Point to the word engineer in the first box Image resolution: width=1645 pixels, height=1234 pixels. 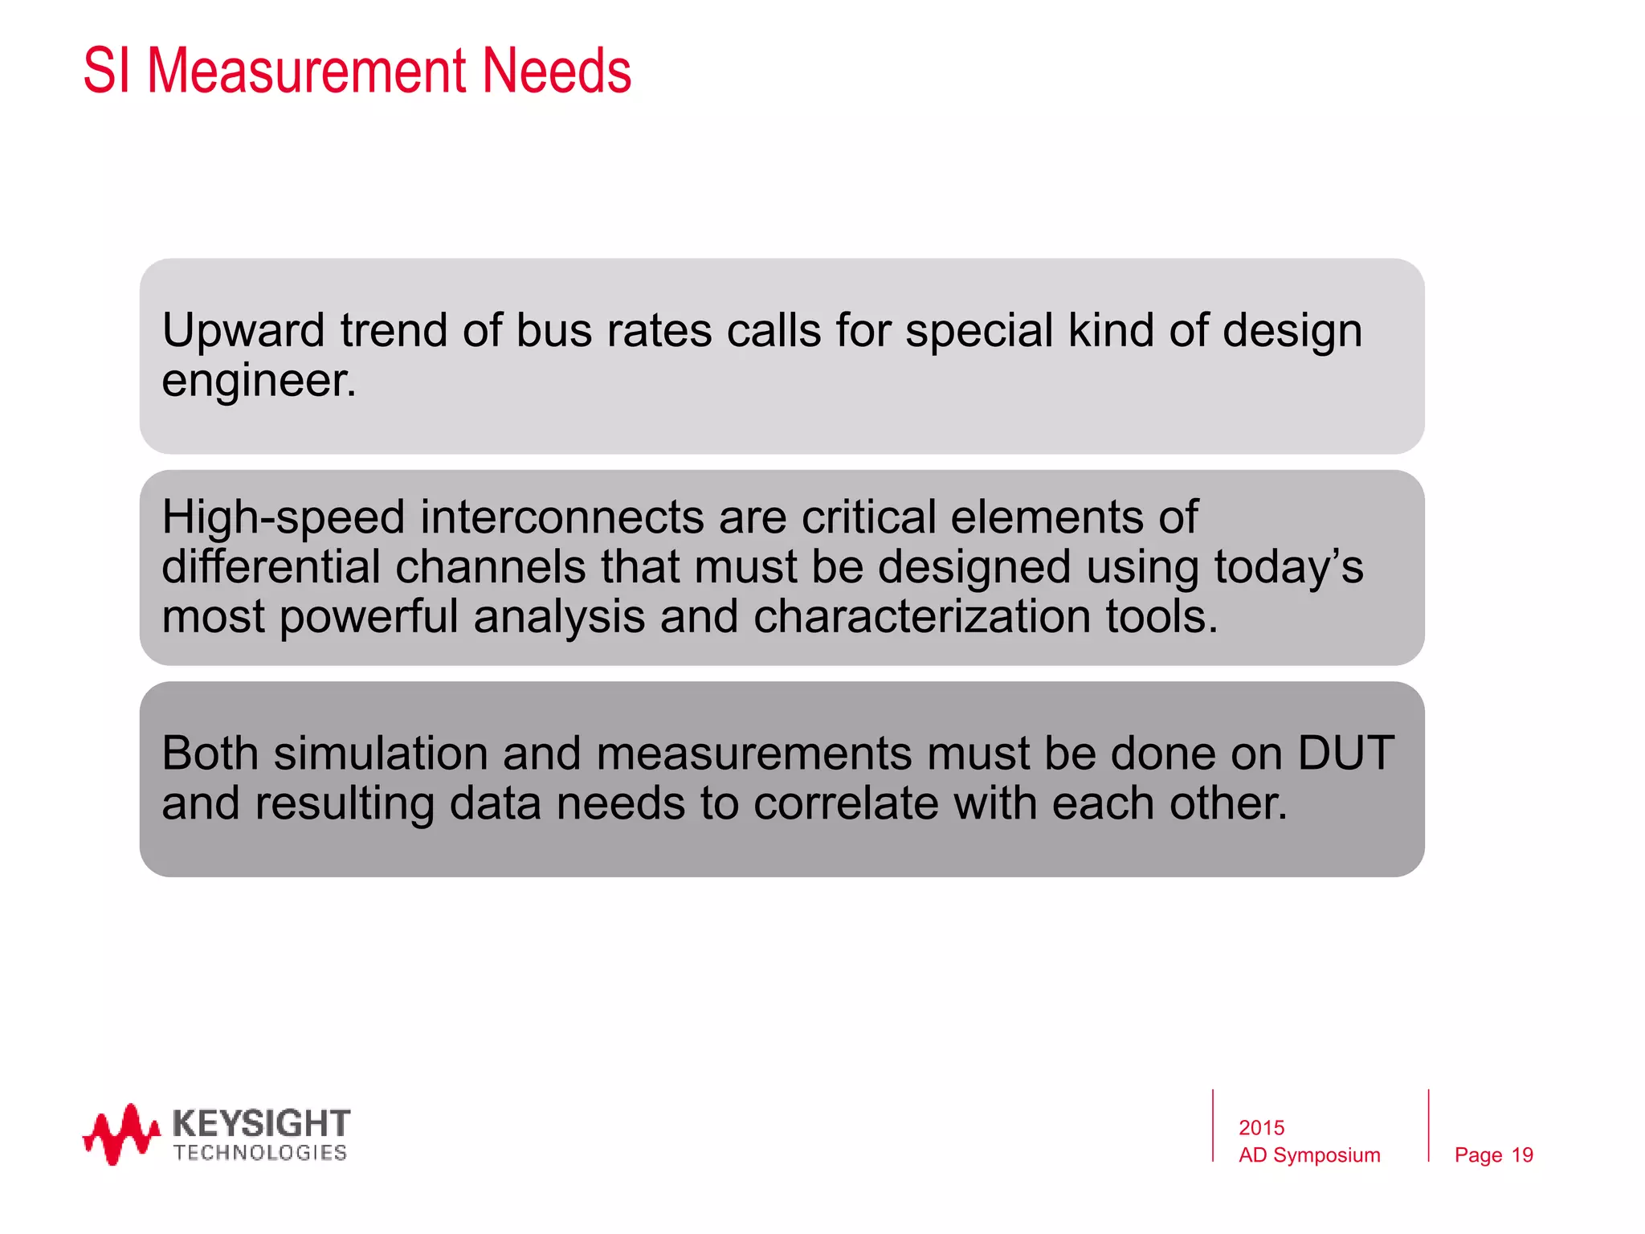click(x=257, y=381)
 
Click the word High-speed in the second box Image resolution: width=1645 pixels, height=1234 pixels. click(x=283, y=517)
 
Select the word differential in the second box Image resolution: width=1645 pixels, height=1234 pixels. click(x=270, y=566)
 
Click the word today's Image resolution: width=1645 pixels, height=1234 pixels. click(x=1288, y=566)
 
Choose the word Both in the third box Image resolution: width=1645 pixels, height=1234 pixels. click(x=210, y=754)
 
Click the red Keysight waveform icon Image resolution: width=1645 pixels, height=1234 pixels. click(x=121, y=1134)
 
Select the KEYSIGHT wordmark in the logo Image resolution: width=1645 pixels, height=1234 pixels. click(x=261, y=1122)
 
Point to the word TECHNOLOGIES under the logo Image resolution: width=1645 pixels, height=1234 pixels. click(x=260, y=1153)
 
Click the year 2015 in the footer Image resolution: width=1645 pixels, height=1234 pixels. click(x=1261, y=1128)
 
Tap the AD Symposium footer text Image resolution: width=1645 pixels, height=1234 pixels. click(x=1309, y=1155)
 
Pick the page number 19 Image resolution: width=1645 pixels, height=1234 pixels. click(x=1522, y=1155)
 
